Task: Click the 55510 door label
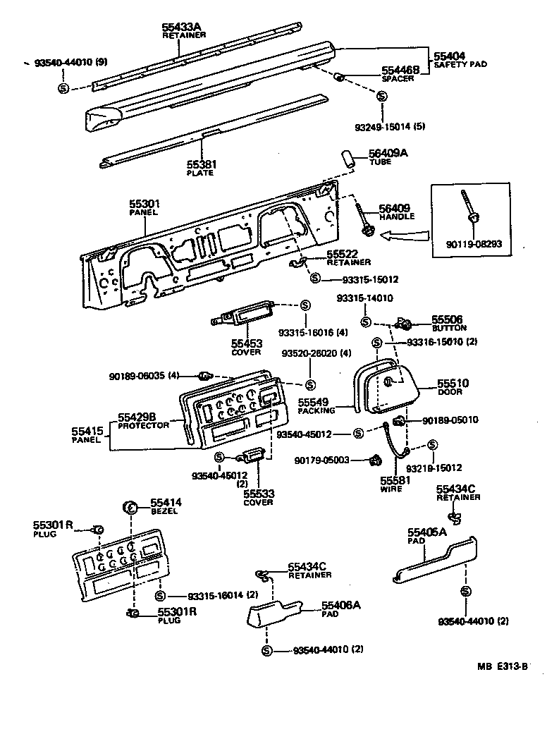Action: click(x=453, y=383)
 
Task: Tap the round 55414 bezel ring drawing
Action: click(x=130, y=506)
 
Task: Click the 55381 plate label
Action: click(x=201, y=164)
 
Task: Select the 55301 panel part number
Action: click(x=144, y=203)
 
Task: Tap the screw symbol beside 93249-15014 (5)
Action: click(x=381, y=97)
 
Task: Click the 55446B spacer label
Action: click(x=400, y=70)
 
